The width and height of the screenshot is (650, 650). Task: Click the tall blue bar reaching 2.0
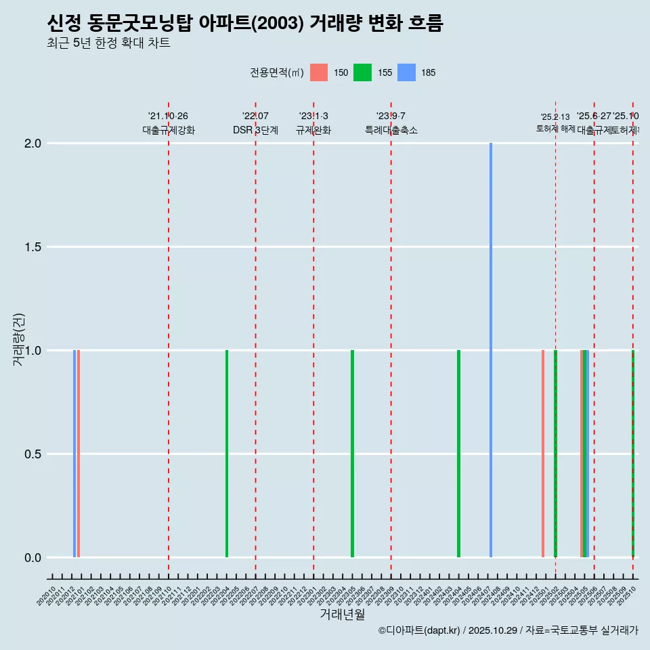[491, 349]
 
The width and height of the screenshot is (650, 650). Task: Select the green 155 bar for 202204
[227, 454]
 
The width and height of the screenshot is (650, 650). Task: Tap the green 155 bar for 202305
[353, 454]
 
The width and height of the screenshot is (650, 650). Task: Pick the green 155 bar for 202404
[459, 454]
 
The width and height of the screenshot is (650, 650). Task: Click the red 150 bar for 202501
[543, 454]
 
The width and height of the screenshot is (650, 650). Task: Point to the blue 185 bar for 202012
[74, 454]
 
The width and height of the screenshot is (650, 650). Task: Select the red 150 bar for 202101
[79, 454]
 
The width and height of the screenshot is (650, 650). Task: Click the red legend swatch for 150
[319, 72]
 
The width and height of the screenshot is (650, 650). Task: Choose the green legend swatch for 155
[362, 72]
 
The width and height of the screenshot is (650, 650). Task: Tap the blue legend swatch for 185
[406, 72]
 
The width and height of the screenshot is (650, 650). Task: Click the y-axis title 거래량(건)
[19, 339]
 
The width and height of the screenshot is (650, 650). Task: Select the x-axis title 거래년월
[342, 615]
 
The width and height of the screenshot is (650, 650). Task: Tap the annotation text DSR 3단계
[255, 130]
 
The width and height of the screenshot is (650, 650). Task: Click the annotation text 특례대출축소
[391, 130]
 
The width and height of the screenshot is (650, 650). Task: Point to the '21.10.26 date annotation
[168, 116]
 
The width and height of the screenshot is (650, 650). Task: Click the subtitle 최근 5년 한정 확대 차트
[108, 43]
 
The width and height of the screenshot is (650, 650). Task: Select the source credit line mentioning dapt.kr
[508, 630]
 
